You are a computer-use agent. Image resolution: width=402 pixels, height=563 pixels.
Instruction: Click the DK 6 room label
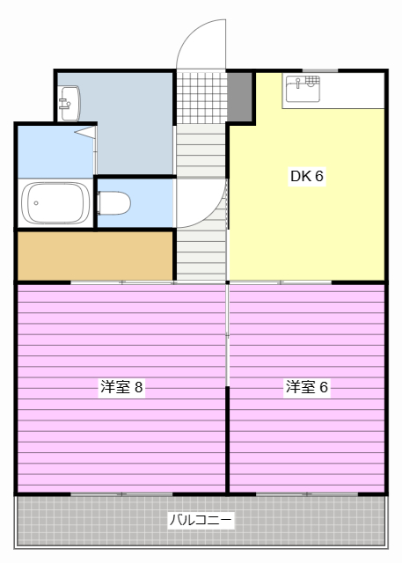[307, 176]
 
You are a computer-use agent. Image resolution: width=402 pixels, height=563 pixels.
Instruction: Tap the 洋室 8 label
[121, 387]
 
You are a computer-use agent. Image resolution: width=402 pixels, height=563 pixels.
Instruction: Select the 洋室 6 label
[306, 387]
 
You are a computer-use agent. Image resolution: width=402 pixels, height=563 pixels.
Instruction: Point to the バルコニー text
[201, 520]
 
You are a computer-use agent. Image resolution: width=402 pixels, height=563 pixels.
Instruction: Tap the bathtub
[55, 203]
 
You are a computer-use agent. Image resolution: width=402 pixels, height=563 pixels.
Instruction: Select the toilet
[113, 203]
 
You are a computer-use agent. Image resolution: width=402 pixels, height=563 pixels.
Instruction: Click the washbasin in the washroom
[69, 103]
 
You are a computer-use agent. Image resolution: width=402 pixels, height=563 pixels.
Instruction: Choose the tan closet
[95, 255]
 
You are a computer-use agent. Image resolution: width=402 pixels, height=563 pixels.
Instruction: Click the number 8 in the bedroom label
[139, 387]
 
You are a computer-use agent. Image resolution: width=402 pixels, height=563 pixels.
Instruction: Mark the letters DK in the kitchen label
[300, 176]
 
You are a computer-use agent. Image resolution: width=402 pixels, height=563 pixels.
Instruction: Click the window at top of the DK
[319, 70]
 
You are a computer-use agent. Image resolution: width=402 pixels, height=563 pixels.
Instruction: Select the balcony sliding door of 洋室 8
[121, 494]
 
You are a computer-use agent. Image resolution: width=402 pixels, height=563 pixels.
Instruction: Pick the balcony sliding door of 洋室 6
[306, 494]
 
